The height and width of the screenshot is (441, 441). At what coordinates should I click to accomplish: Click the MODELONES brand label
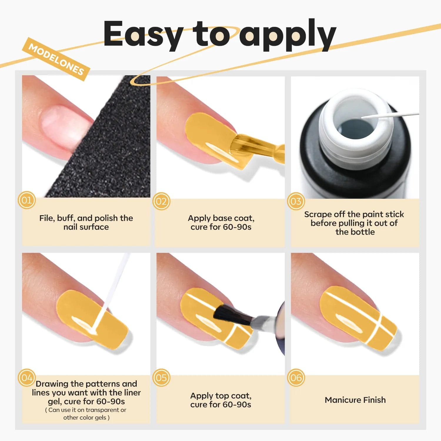pos(56,59)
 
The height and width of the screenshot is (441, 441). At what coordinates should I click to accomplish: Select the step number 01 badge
pos(27,200)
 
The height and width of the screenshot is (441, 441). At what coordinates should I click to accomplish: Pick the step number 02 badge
pos(161,201)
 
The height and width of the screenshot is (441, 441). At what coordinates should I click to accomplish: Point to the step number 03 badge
pos(296,201)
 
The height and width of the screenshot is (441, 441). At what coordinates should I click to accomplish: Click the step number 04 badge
pos(27,377)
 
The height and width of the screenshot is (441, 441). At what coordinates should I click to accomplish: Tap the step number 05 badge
pos(161,377)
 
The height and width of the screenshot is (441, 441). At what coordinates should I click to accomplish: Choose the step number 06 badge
pos(296,377)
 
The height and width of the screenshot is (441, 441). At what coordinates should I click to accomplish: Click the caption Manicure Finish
pos(355,400)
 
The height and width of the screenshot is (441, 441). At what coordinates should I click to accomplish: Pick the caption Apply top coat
pos(221,396)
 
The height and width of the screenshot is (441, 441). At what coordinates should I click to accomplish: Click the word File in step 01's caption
pos(46,218)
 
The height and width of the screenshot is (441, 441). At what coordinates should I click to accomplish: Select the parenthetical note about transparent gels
pos(86,414)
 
